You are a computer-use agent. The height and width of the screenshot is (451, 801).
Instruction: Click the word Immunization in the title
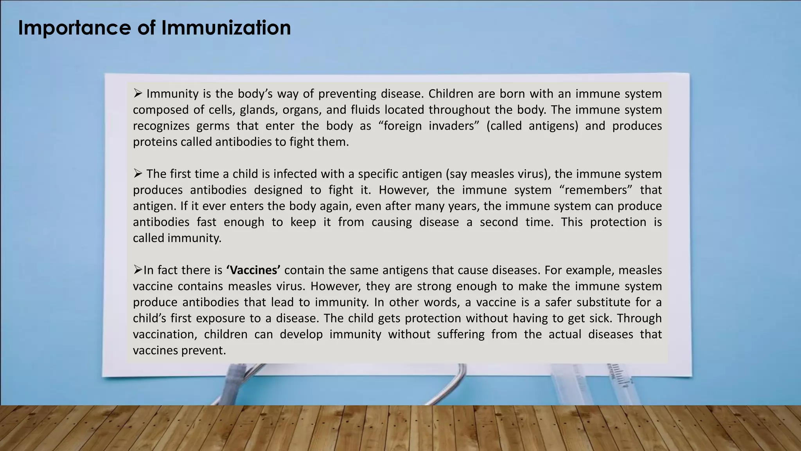tap(226, 28)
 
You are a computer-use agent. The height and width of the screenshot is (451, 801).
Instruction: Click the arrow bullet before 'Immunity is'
tap(138, 93)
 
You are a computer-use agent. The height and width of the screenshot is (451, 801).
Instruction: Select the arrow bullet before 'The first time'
tap(138, 173)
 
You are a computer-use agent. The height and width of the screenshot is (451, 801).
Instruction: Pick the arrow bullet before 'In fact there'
tap(137, 270)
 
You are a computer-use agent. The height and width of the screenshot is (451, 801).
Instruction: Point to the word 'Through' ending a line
tap(639, 318)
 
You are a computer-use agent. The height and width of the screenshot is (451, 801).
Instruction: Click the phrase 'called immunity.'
tap(177, 238)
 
